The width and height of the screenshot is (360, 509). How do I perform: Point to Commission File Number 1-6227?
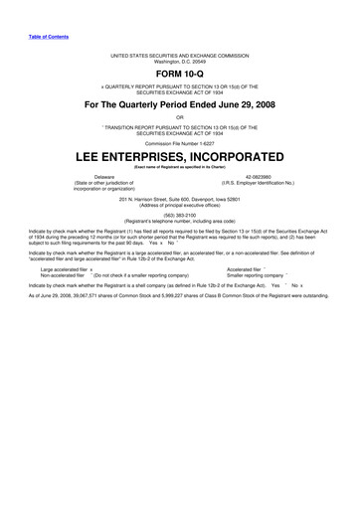pos(179,143)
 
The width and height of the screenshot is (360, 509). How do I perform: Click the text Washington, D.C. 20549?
pos(179,61)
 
